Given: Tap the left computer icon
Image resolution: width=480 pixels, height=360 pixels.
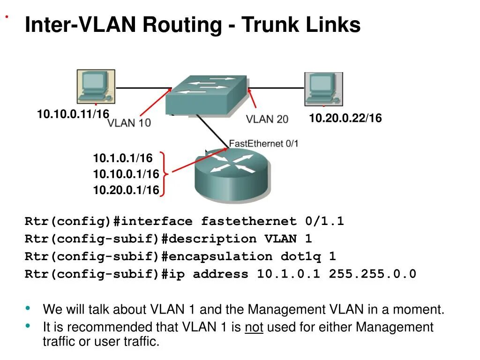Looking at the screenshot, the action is (96, 86).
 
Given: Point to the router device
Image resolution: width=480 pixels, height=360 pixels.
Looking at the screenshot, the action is (232, 174).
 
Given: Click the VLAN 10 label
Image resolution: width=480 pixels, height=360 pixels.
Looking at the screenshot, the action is (129, 123).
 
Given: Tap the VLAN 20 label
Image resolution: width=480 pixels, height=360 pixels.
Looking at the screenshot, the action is (267, 119).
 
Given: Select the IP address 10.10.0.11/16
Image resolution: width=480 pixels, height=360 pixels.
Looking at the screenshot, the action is (73, 114).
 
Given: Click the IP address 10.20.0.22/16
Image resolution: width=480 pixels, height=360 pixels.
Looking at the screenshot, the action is (345, 119).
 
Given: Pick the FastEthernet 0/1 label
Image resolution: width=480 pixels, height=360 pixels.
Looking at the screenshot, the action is (263, 143).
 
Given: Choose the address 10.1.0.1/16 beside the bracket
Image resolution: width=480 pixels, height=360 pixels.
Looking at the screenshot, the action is (122, 158).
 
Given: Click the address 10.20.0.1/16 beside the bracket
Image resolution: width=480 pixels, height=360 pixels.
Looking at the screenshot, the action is (126, 190).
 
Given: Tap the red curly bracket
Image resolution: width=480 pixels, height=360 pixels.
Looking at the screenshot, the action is (163, 174).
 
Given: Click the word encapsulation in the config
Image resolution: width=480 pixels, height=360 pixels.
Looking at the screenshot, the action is (220, 256).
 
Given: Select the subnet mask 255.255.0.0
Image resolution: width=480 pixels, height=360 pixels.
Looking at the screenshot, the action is (372, 274).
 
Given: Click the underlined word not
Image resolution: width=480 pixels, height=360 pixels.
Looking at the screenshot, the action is (254, 327).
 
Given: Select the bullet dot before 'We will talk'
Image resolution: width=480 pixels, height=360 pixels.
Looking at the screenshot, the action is (29, 308).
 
